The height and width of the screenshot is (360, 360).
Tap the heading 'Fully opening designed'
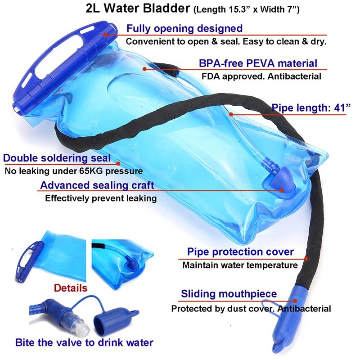(x=184, y=28)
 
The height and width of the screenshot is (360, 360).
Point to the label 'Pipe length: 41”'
(x=311, y=108)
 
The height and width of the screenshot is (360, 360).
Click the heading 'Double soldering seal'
(x=57, y=158)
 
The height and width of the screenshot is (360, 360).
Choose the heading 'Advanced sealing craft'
(x=97, y=185)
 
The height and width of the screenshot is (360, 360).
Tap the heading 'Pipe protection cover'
(x=240, y=252)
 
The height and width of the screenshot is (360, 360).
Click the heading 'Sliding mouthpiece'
(x=229, y=295)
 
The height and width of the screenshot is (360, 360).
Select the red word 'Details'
(x=71, y=287)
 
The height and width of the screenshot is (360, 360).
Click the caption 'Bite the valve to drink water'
(x=84, y=342)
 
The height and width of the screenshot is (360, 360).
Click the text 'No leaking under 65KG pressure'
(x=73, y=171)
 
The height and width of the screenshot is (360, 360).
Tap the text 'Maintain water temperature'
(x=240, y=265)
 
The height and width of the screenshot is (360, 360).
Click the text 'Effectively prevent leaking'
(x=101, y=198)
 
